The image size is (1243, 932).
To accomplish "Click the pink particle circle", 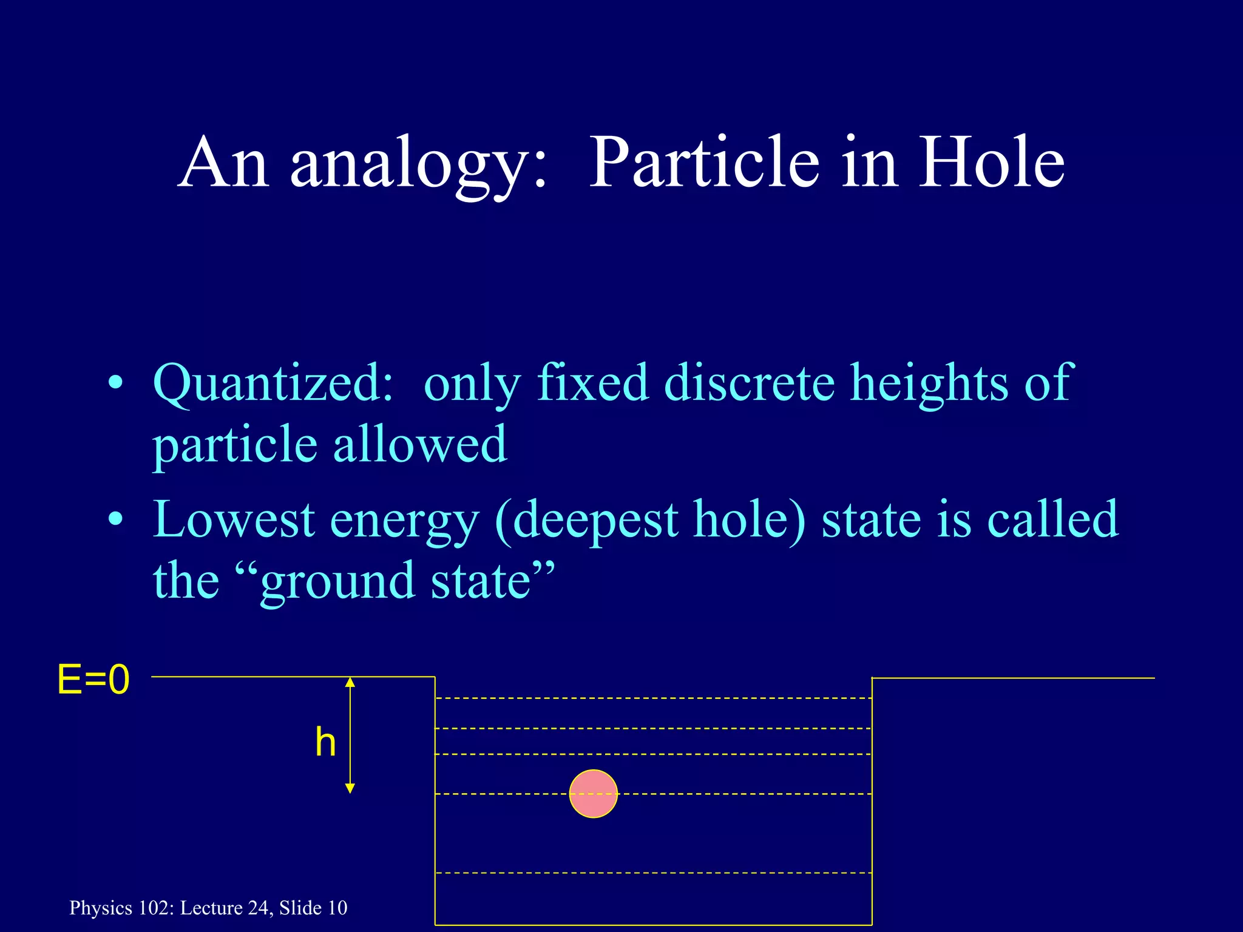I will (593, 794).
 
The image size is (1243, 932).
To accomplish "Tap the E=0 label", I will (93, 680).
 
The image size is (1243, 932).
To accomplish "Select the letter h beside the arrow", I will (325, 742).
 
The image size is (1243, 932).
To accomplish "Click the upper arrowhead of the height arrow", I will (350, 683).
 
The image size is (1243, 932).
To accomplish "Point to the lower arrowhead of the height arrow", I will (350, 788).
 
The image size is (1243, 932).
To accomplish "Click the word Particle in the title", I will (703, 163).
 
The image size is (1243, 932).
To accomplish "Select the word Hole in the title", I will (991, 163).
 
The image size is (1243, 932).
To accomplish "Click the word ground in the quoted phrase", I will (337, 581).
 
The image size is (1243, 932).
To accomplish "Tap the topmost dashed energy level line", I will (653, 698).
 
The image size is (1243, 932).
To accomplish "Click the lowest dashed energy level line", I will (653, 873).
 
